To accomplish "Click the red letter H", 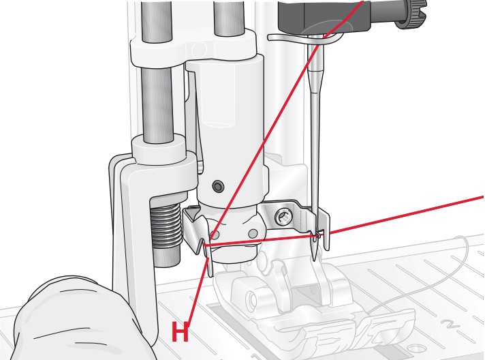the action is click(180, 331).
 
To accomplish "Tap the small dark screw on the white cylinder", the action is click(218, 186).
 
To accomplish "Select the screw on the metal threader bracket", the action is click(283, 216).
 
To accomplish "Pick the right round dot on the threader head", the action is click(253, 233).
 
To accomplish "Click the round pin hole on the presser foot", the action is click(252, 298).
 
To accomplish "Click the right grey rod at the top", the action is click(229, 18).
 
